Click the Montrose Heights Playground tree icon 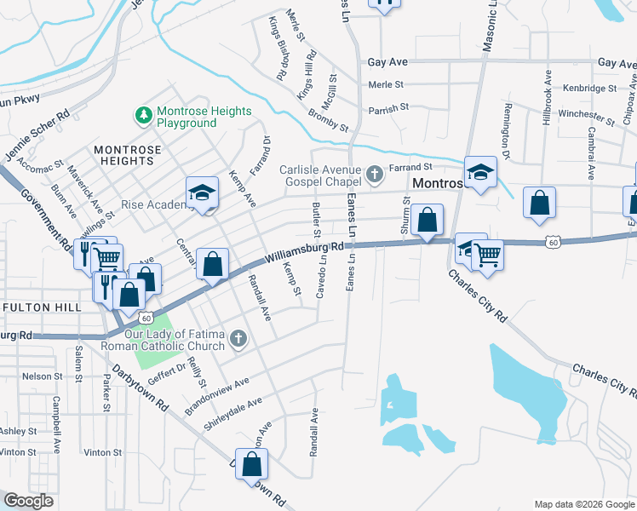144,113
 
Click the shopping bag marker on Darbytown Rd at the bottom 251,464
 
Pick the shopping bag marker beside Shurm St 427,220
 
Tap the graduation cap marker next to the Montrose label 480,173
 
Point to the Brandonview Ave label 217,397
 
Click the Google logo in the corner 29,501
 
